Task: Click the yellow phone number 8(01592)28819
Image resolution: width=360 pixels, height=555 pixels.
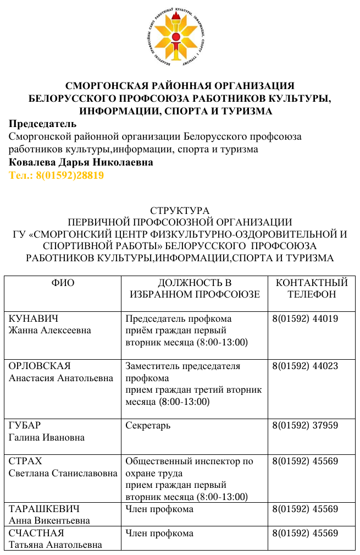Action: click(57, 175)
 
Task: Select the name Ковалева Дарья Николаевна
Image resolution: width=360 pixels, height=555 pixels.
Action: click(81, 163)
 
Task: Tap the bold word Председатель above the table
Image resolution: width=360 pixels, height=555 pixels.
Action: click(43, 124)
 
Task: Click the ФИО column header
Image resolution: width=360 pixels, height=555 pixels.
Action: click(63, 283)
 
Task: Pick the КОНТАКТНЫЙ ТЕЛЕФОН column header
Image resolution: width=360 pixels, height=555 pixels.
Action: click(312, 288)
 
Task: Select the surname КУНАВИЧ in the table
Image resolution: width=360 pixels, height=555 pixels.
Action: click(34, 319)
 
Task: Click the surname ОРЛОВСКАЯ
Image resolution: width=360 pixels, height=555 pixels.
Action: click(40, 366)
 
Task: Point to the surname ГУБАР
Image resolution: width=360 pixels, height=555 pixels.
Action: click(25, 425)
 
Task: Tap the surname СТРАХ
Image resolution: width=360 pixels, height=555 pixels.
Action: click(25, 461)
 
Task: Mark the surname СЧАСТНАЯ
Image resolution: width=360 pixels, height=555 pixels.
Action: click(36, 533)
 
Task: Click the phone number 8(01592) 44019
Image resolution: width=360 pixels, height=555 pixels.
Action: click(305, 319)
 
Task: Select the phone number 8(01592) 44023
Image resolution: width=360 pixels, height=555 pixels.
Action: click(305, 366)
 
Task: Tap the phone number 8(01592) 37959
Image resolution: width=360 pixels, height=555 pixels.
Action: click(305, 425)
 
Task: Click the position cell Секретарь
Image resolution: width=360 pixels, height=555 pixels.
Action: click(148, 425)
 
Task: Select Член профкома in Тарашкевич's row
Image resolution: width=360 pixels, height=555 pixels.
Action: click(159, 509)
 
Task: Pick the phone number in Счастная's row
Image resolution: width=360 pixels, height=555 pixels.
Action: click(305, 533)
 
